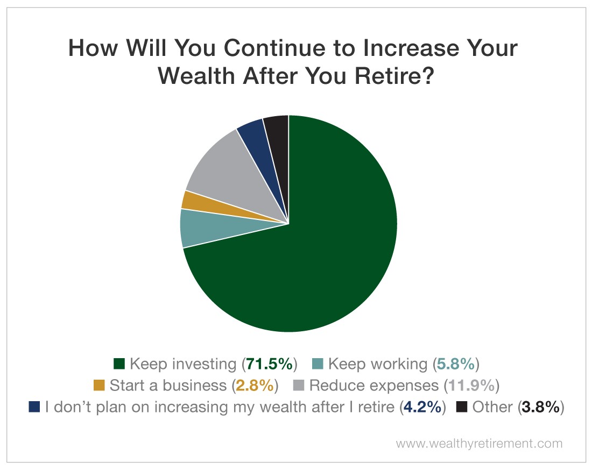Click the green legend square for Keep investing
coord(119,364)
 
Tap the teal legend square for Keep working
coord(318,364)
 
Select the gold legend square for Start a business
coord(99,385)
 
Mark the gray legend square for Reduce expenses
coord(299,385)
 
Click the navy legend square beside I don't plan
coord(34,407)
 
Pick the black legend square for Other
coord(462,407)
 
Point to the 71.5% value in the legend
coord(269,364)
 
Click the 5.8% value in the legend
coord(456,364)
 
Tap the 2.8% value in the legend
coord(255,386)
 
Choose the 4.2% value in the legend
coord(422,407)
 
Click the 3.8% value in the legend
coord(541,407)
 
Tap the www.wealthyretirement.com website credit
coord(479,444)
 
